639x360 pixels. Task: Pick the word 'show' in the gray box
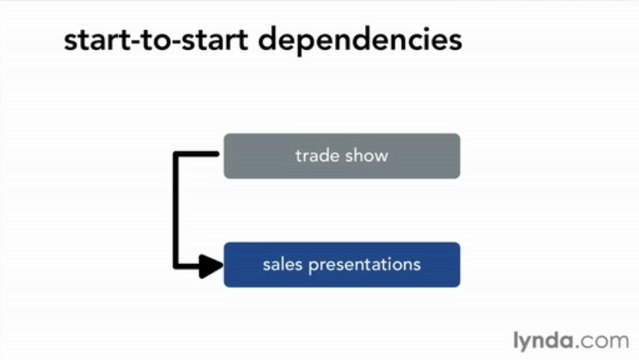point(366,156)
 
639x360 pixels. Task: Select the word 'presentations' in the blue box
point(370,266)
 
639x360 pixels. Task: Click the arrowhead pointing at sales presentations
point(211,266)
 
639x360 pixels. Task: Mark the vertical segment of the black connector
point(176,210)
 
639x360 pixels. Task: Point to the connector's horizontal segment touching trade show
point(198,154)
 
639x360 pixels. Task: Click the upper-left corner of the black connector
point(176,154)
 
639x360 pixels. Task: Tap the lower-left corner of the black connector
point(176,266)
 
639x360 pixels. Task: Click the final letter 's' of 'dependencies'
point(456,42)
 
